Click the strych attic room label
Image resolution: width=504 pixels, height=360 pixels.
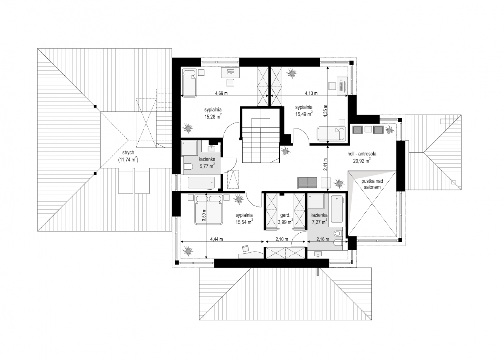point(128,153)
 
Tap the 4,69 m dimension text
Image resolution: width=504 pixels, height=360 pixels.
point(221,93)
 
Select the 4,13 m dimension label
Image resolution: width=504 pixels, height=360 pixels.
point(311,93)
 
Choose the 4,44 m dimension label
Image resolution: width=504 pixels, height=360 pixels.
point(216,239)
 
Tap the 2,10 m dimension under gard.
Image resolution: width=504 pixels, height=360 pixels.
point(282,239)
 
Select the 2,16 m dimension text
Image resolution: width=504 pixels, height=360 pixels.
point(323,239)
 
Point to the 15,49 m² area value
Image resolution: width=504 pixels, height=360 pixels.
point(304,114)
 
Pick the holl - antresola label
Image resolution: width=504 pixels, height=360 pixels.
point(362,154)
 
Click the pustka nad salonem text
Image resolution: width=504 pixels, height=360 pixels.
point(372,184)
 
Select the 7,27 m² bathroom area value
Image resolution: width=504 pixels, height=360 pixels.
point(319,222)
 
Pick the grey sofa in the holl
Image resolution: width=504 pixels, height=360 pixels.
point(307,183)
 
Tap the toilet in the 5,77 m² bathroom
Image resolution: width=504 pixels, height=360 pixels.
point(189,167)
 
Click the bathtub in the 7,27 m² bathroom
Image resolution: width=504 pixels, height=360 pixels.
point(337,209)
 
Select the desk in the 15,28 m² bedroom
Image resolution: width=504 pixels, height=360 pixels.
point(230,73)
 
